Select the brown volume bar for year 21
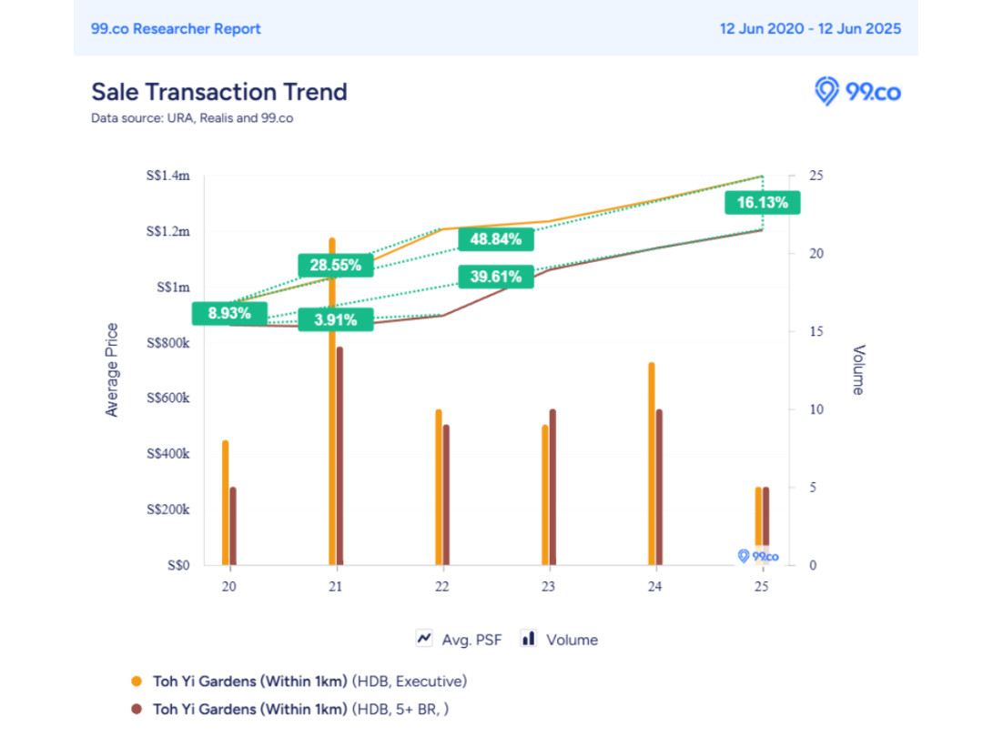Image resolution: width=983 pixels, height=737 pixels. coord(339,455)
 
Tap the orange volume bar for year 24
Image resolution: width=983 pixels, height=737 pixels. coord(652,464)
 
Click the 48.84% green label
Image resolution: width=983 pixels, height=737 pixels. coord(496,239)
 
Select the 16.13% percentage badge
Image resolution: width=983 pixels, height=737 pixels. coord(762,203)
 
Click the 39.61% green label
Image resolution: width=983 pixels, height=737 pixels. coord(496,277)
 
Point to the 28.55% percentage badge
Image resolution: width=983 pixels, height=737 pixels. coord(335,266)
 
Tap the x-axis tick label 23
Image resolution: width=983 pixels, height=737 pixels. coord(548,587)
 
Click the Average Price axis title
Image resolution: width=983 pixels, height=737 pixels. coord(112,370)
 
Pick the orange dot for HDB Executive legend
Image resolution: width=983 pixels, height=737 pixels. coord(137,681)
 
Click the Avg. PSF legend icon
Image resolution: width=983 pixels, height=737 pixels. coord(424,639)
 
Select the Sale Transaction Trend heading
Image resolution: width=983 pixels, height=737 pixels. coord(219,92)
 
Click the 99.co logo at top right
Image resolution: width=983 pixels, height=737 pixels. coord(856,92)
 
